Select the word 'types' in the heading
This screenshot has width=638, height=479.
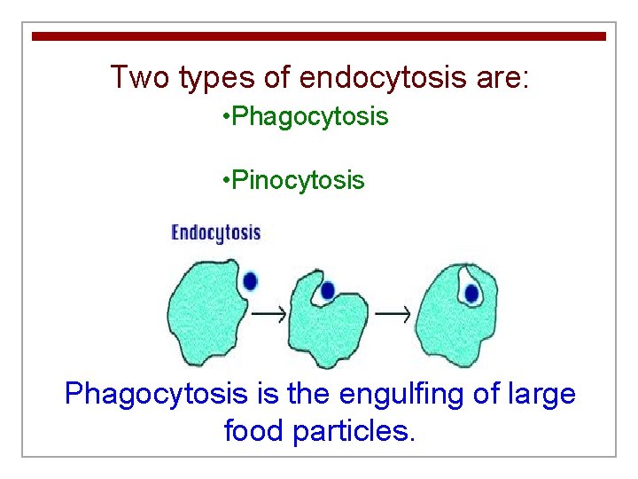point(217,78)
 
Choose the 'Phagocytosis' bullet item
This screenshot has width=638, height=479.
point(306,116)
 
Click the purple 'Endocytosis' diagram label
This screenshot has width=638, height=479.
point(215,233)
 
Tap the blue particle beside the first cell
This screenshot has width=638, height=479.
point(250,281)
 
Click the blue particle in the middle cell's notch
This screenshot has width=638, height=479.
point(327,290)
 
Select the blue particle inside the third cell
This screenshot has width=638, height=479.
point(471,294)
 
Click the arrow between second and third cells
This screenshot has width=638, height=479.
point(393,313)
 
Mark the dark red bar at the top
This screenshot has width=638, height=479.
point(319,36)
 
